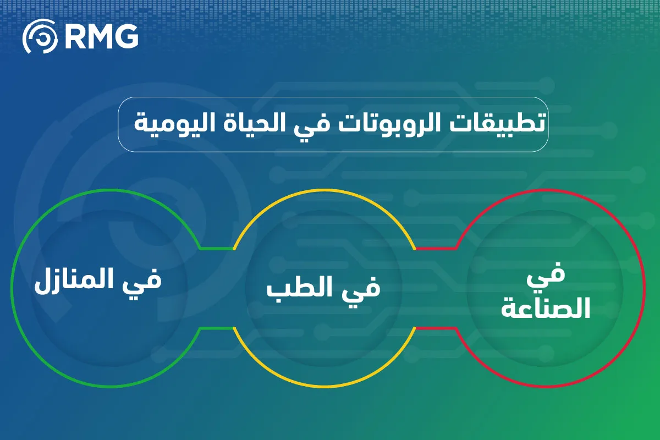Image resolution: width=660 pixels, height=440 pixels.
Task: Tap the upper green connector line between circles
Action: click(x=217, y=248)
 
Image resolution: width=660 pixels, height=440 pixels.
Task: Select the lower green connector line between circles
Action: click(x=217, y=328)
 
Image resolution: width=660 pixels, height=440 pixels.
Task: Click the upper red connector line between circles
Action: click(x=436, y=248)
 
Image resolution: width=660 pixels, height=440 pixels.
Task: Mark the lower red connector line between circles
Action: click(x=436, y=328)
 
